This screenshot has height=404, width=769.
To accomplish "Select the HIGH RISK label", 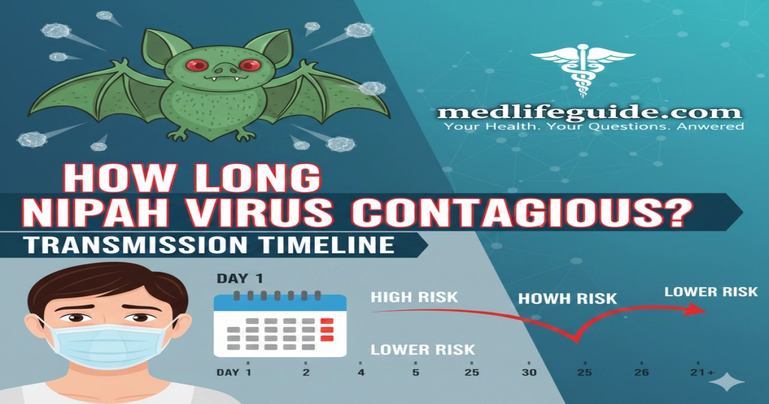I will click(x=414, y=297).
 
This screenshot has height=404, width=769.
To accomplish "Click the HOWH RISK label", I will click(x=567, y=298).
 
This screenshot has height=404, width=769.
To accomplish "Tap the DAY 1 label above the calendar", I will click(x=239, y=279).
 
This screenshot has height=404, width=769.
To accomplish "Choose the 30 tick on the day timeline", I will click(x=529, y=373).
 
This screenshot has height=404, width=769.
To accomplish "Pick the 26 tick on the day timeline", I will click(x=641, y=373).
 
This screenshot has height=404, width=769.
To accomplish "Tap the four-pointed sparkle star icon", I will click(x=727, y=383).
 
